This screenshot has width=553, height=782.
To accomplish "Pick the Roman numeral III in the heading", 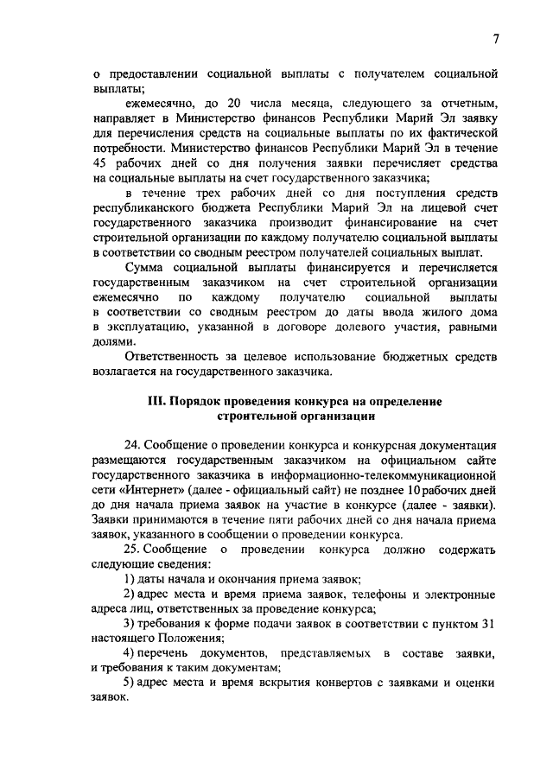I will (159, 402).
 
